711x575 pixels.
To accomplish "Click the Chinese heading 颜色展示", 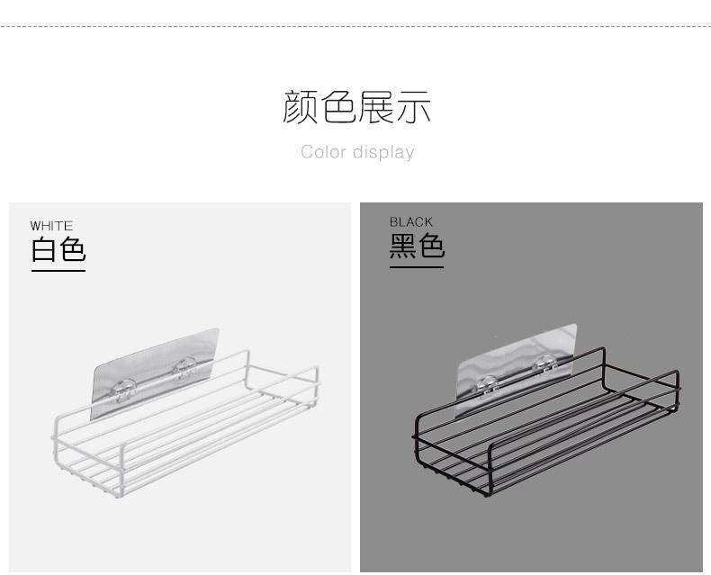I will coord(357,107).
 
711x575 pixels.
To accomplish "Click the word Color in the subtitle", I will coord(323,152).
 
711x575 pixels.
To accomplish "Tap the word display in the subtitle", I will coord(382,153).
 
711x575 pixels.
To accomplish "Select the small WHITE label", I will coord(51,226).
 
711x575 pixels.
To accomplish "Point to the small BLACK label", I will coord(411,222).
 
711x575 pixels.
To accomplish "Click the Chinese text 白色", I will coord(58,249).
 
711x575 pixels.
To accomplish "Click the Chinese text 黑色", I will coord(417,246).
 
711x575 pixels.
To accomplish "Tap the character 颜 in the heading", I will coord(301,107).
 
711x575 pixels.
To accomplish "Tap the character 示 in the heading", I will coord(414,107).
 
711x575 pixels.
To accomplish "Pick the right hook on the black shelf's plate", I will coord(543,363).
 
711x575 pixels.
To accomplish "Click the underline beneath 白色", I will coord(58,270).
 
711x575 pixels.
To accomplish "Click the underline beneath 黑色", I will coord(417,266).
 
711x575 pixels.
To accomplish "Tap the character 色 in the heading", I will coord(338,107).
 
